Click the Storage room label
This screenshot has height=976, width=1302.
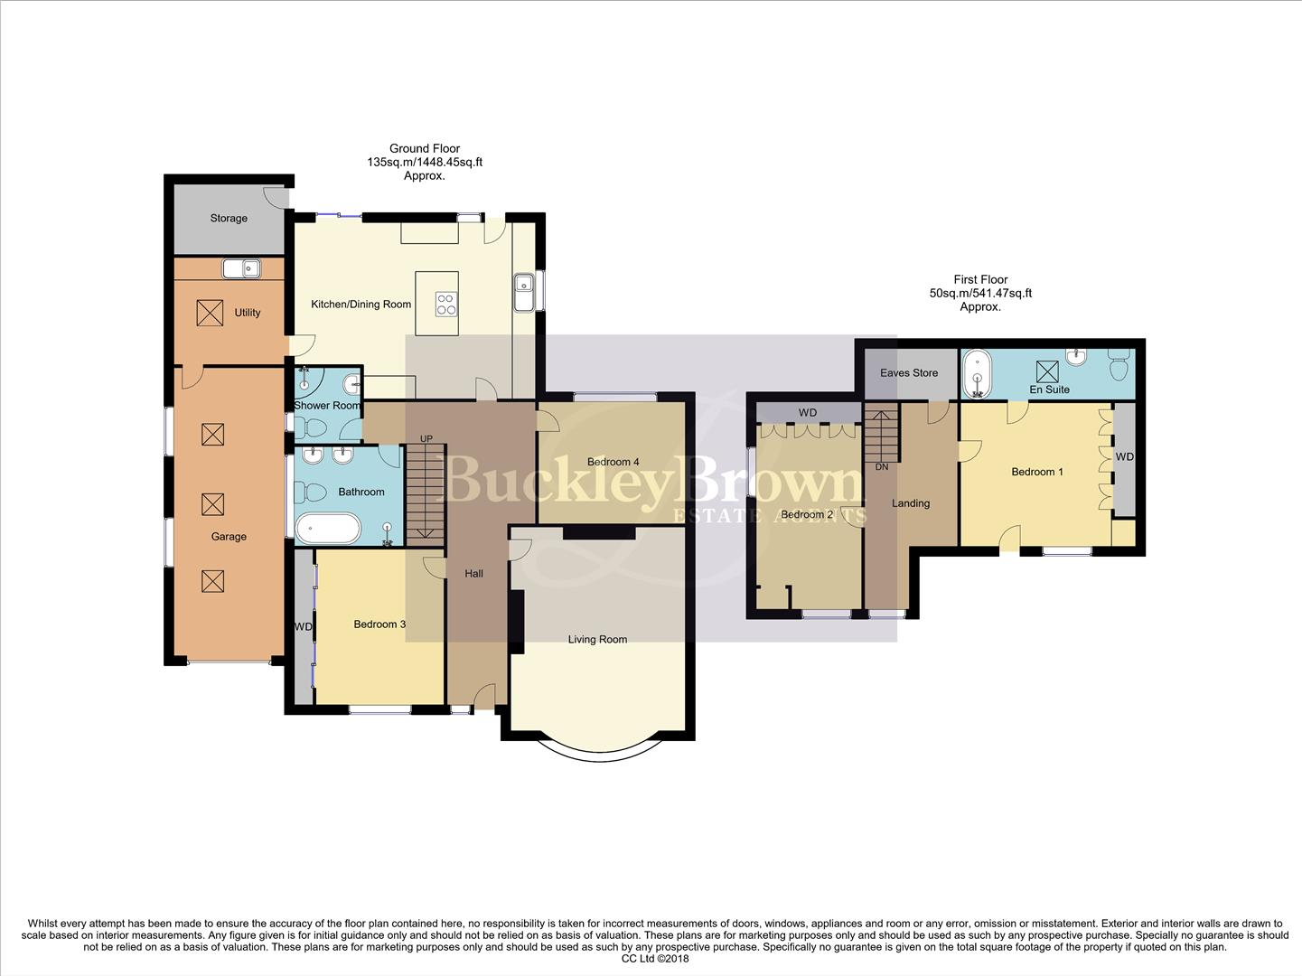(229, 219)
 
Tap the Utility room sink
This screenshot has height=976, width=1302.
(242, 268)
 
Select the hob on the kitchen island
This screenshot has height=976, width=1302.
(445, 305)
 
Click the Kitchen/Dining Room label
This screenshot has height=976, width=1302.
(361, 305)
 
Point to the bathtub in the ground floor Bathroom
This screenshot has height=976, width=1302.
(327, 528)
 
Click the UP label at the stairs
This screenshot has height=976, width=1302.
(426, 439)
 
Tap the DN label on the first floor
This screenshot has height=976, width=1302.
(882, 467)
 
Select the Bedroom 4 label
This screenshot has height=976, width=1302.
(614, 462)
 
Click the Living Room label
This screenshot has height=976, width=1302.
(597, 640)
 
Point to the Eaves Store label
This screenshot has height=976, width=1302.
(909, 373)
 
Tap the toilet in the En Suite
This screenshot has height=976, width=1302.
(1118, 363)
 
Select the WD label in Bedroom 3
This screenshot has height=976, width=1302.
(303, 626)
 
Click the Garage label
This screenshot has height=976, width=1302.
(229, 537)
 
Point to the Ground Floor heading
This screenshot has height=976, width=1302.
(425, 148)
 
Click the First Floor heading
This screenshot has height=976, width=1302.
(980, 279)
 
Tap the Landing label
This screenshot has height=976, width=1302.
(911, 503)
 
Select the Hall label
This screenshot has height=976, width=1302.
(474, 574)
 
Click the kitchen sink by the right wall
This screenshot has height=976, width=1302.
(524, 292)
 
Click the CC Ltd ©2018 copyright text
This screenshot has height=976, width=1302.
(655, 959)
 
